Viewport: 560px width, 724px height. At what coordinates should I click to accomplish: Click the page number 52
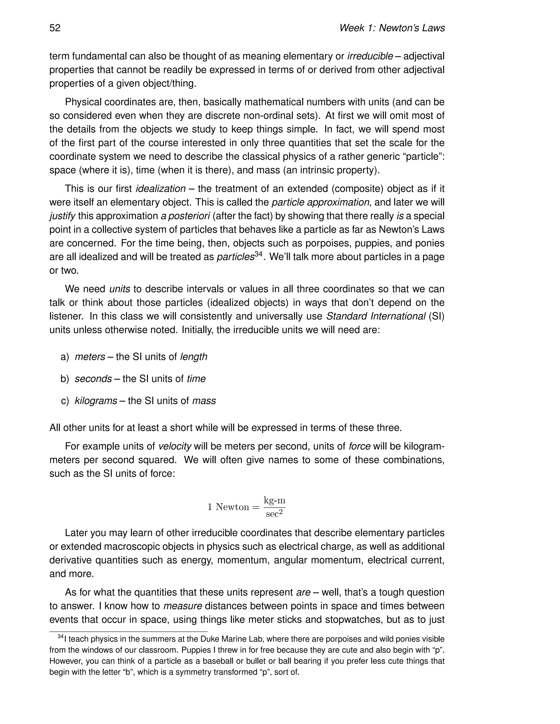pos(55,28)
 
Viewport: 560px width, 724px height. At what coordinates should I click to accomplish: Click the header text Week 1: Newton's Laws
pos(392,28)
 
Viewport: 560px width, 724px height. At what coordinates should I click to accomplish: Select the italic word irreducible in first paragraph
pos(370,56)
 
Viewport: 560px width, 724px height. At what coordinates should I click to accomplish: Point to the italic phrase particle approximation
pos(320,202)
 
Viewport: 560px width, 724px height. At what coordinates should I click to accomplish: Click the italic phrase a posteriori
pos(185,216)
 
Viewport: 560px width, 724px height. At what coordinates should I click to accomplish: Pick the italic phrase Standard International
pos(375,316)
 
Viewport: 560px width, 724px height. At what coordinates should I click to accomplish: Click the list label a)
pos(65,357)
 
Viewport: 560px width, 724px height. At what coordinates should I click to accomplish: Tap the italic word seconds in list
pos(93,379)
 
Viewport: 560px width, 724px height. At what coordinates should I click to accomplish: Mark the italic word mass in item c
pos(204,401)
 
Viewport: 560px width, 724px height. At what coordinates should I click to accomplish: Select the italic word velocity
pos(175,446)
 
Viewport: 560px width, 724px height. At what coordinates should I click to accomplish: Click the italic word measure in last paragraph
pos(183,606)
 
